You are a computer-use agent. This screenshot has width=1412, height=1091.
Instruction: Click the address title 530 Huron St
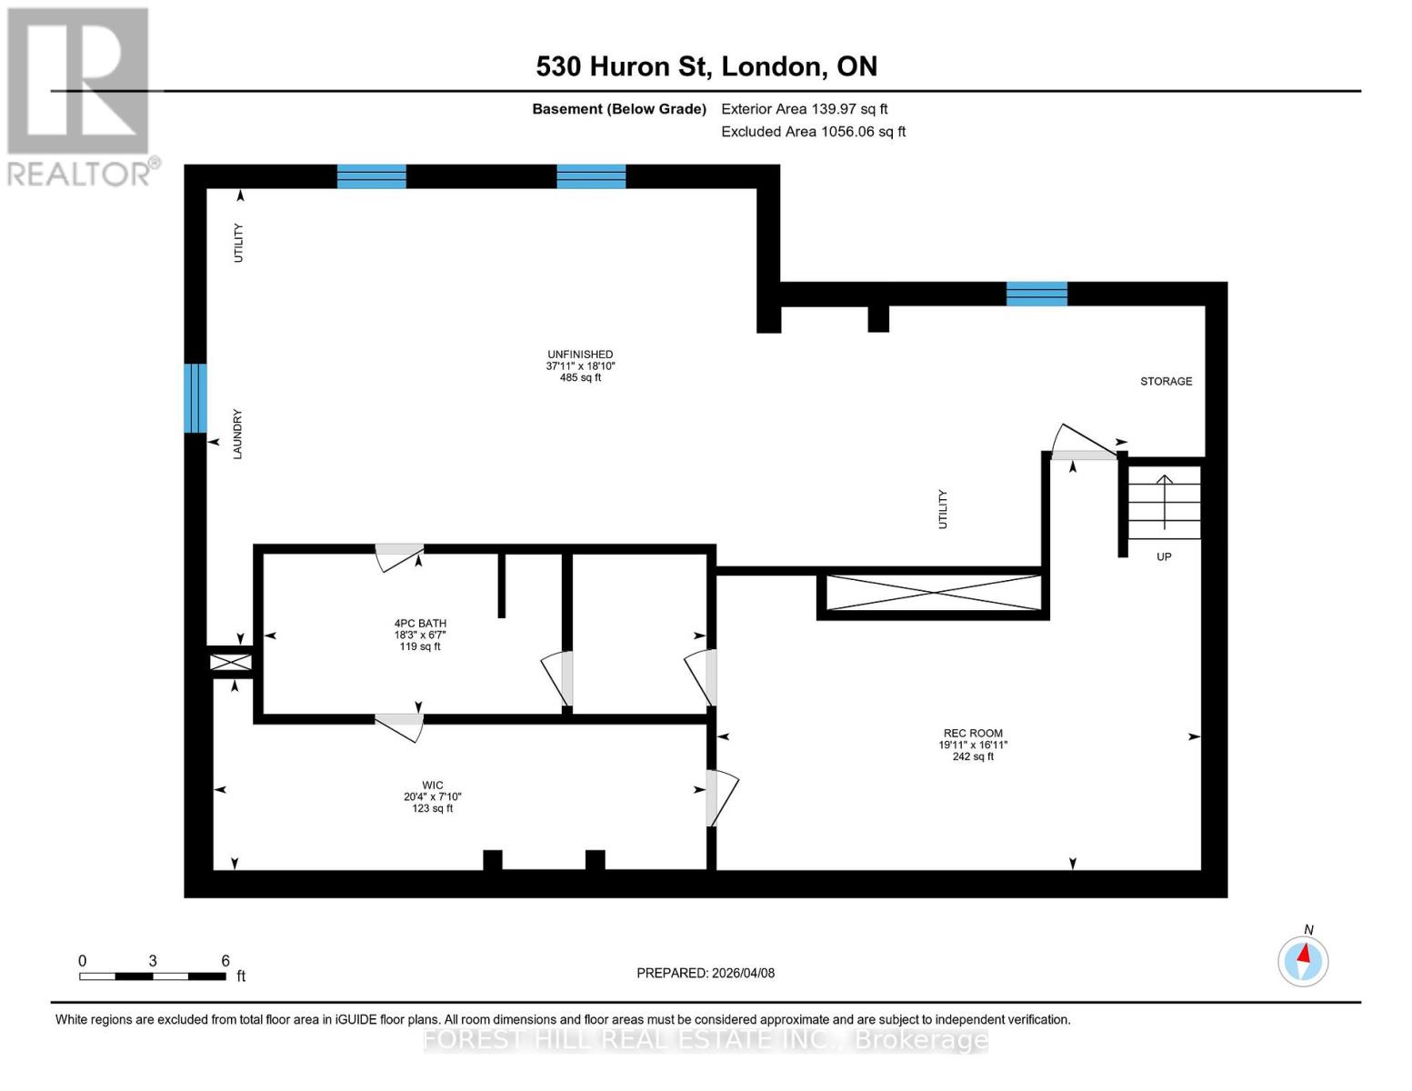click(x=706, y=66)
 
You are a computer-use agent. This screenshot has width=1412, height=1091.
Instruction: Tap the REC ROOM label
click(x=973, y=745)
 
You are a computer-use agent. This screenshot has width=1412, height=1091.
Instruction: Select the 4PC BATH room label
click(x=420, y=635)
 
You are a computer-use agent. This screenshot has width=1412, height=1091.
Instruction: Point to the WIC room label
click(x=432, y=796)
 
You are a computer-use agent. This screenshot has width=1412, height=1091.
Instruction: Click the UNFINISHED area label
click(x=580, y=365)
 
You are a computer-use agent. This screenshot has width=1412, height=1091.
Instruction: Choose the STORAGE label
click(x=1166, y=381)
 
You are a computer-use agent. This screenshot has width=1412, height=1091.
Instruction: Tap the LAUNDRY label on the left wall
click(x=237, y=434)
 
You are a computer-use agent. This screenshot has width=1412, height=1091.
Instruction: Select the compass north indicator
click(x=1303, y=960)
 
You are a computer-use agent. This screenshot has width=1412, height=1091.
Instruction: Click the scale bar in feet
click(x=153, y=976)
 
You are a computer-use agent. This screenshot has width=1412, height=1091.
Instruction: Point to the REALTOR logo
click(x=80, y=95)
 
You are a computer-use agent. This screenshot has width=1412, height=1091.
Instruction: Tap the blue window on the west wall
click(x=195, y=398)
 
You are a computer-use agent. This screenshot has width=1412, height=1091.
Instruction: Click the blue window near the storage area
click(x=1036, y=294)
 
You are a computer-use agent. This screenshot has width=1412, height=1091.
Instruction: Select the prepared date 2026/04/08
click(x=706, y=973)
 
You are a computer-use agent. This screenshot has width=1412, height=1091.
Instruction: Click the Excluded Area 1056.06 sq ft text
click(x=813, y=132)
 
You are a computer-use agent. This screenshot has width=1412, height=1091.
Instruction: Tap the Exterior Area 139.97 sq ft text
click(x=804, y=109)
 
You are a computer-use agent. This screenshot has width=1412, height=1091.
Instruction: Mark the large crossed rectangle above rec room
click(x=934, y=593)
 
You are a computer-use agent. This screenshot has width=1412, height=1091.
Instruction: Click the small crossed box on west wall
click(x=231, y=662)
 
